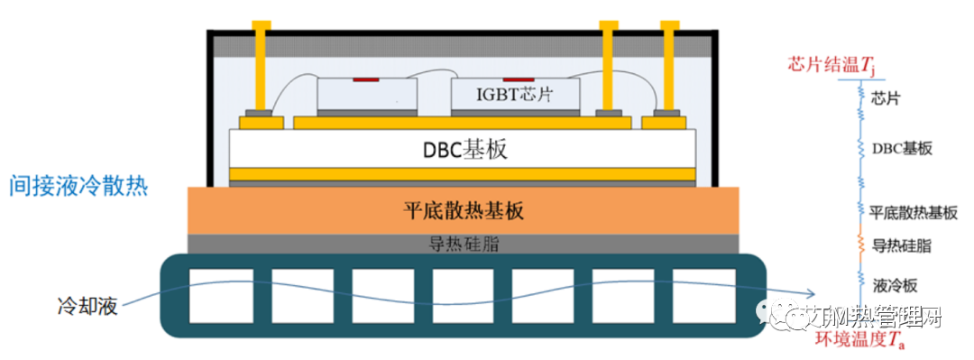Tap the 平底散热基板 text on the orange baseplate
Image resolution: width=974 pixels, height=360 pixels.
coord(463,212)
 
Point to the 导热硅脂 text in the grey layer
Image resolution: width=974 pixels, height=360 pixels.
coord(463,244)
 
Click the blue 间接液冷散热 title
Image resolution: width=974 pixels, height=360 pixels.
coord(78,187)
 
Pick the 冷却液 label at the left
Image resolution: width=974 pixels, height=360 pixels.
coord(87,306)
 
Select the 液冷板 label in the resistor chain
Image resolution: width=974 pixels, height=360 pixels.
coord(895,285)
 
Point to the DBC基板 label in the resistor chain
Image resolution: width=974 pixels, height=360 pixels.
coord(902,148)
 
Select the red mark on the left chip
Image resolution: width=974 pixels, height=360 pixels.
coord(365,79)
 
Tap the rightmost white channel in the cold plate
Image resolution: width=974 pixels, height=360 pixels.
coord(699,295)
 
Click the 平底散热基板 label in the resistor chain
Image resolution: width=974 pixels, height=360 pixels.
coord(914,213)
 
